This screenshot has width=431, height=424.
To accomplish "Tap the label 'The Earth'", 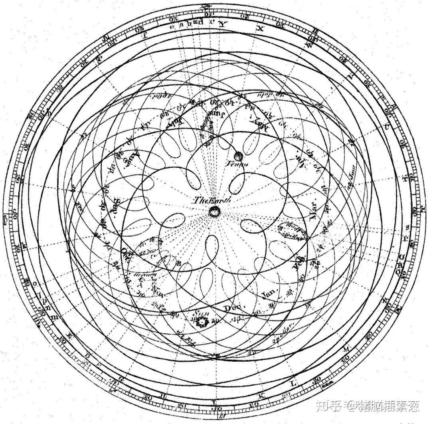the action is tap(211, 201).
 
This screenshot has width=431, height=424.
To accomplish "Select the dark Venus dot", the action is tap(239, 156).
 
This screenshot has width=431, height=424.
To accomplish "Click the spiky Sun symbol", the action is tap(203, 321).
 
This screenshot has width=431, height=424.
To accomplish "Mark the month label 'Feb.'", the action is tap(299, 265).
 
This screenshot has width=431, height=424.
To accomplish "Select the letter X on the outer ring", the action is tap(261, 29).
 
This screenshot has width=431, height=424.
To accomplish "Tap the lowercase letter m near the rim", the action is tap(57, 317).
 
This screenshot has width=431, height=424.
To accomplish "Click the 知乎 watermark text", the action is tap(325, 406).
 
